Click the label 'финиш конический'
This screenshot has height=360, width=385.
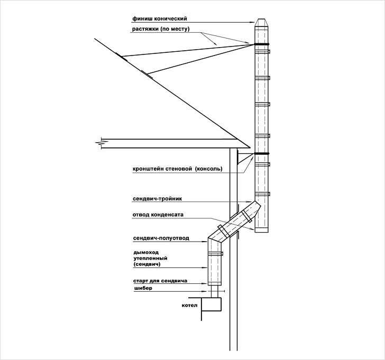pyautogui.click(x=160, y=19)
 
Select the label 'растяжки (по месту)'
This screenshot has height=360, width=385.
pyautogui.click(x=161, y=29)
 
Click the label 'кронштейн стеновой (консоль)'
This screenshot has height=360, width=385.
pyautogui.click(x=177, y=169)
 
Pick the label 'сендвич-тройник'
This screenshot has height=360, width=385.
pyautogui.click(x=158, y=199)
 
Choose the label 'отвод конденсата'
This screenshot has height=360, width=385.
pyautogui.click(x=158, y=215)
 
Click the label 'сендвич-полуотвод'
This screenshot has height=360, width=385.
pyautogui.click(x=161, y=238)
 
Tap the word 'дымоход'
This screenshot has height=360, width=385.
pyautogui.click(x=146, y=252)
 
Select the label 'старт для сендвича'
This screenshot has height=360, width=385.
pyautogui.click(x=160, y=281)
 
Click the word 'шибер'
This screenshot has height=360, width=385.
pyautogui.click(x=143, y=288)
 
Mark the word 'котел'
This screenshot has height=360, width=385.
pyautogui.click(x=189, y=306)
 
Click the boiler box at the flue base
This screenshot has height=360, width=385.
pyautogui.click(x=212, y=304)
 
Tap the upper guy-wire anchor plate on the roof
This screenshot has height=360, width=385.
pyautogui.click(x=121, y=57)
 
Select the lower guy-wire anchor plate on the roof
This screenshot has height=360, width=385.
pyautogui.click(x=147, y=75)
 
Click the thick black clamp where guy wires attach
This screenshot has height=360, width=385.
pyautogui.click(x=262, y=44)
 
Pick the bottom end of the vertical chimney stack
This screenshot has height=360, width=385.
pyautogui.click(x=262, y=232)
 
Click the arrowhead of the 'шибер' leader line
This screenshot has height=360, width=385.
pyautogui.click(x=206, y=291)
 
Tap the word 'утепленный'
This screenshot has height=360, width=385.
pyautogui.click(x=151, y=259)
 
